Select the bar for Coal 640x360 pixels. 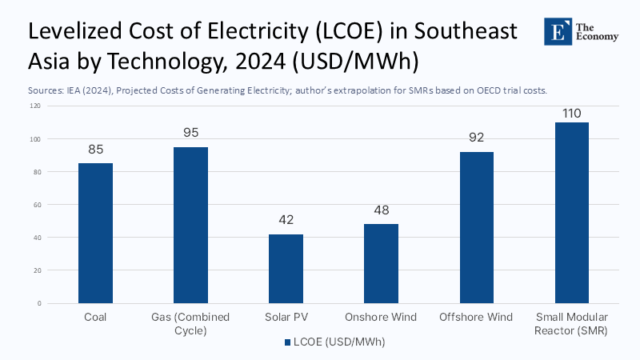pos(95,233)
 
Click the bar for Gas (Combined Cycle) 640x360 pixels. pos(190,225)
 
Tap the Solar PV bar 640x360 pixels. pos(286,268)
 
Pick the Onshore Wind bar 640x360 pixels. pos(381,263)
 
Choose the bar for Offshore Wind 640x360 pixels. pos(476,227)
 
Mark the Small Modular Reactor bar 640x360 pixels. pos(571,213)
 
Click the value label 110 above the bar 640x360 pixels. pos(571,113)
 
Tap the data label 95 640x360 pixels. pos(190,133)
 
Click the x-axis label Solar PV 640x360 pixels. pos(286,318)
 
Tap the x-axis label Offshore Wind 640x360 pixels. pos(476,318)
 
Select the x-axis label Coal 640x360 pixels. pos(95,318)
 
